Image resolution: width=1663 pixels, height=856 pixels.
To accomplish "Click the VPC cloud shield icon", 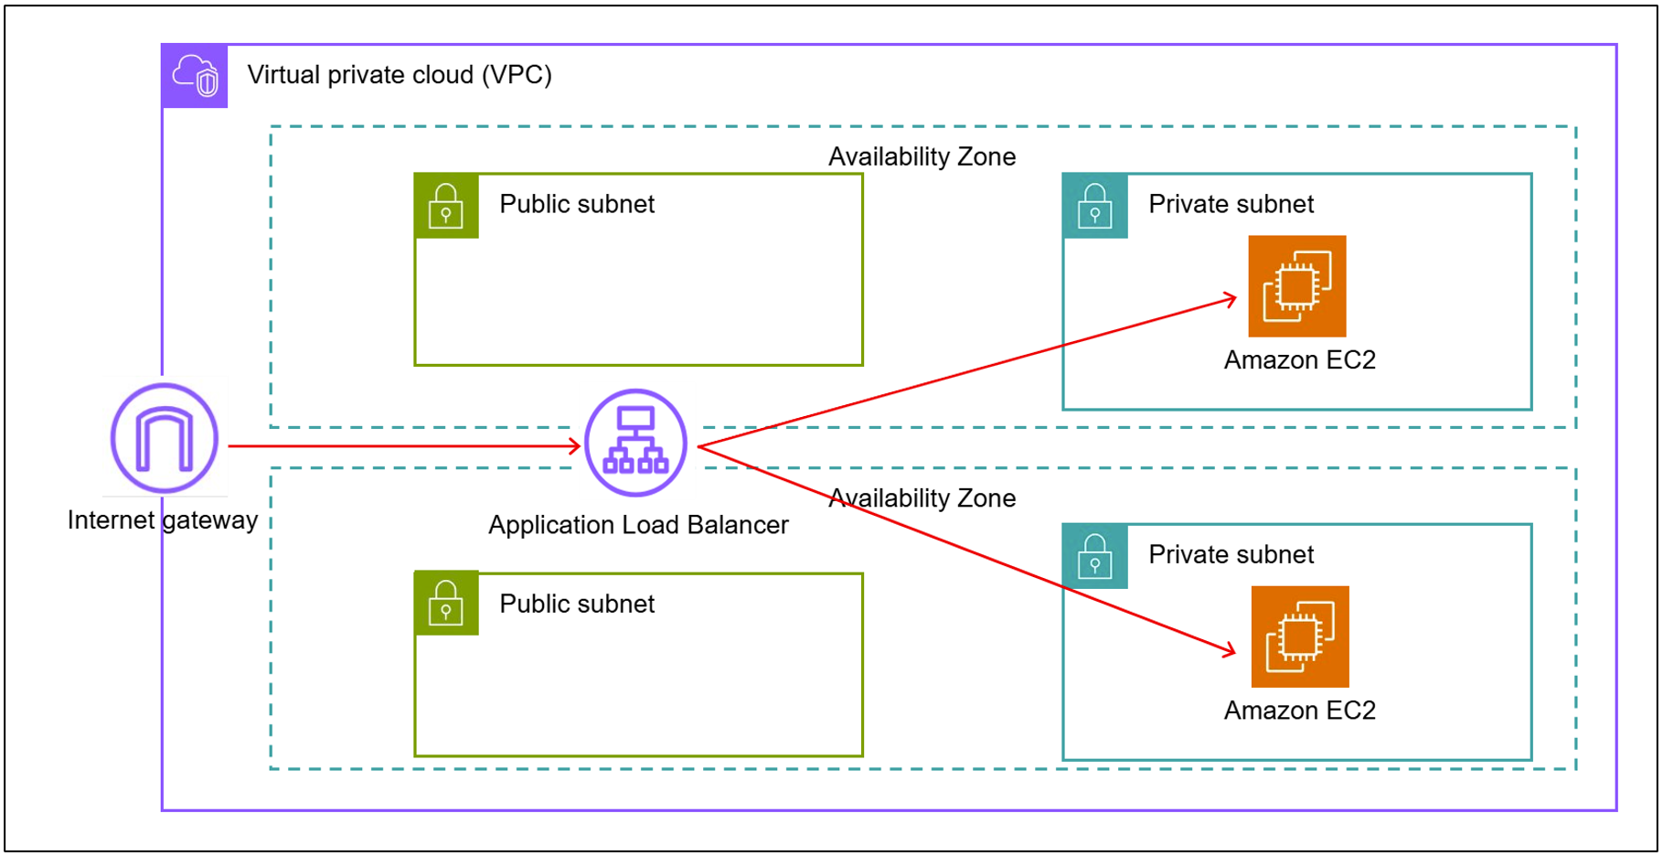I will click(195, 76).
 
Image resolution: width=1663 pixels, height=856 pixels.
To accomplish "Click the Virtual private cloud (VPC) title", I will click(400, 75).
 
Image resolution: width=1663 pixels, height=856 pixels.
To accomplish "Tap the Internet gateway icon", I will click(165, 438).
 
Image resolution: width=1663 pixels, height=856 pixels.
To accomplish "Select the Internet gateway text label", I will click(163, 520).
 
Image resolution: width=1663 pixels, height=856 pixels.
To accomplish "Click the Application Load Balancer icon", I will click(635, 443).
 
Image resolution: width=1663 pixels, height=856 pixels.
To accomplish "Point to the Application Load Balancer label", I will click(637, 525).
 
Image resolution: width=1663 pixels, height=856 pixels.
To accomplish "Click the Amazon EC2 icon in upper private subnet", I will click(1296, 286).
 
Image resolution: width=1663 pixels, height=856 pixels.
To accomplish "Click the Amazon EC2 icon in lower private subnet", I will click(1299, 637).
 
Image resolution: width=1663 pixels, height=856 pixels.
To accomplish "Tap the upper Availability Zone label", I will click(922, 157).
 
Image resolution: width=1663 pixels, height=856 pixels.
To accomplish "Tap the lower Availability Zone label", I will click(922, 498).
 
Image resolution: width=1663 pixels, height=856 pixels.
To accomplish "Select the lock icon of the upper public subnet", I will click(446, 206).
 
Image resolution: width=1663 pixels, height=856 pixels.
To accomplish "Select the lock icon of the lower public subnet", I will click(446, 603).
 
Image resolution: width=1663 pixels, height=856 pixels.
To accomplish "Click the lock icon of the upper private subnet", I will click(1094, 206).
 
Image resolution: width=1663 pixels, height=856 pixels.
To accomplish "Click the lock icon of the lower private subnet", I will click(1094, 556).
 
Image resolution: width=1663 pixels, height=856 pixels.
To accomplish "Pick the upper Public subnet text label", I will click(577, 204).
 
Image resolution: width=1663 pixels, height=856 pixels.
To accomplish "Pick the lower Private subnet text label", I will click(1231, 554).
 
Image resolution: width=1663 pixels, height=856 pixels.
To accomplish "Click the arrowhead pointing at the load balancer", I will click(574, 446).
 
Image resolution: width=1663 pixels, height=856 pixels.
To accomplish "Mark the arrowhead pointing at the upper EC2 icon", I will click(1231, 298).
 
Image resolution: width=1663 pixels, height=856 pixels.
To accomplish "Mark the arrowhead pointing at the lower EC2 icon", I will click(1230, 650).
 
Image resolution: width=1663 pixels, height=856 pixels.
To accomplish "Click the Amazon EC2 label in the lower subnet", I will click(1299, 711).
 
